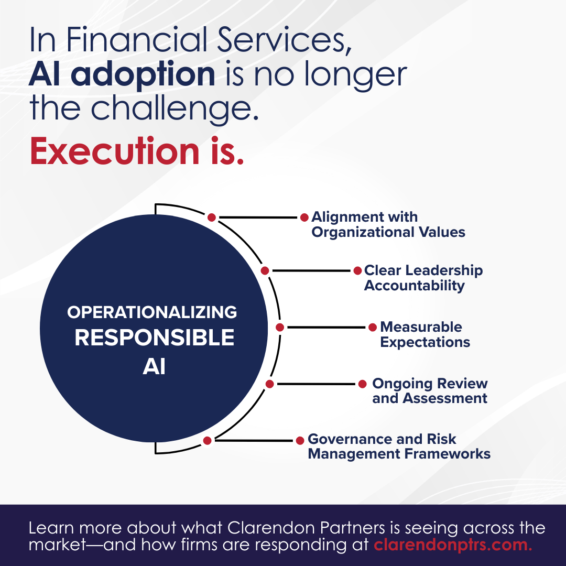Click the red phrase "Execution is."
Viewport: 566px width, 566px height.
[x=137, y=151]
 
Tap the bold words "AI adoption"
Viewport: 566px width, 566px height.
[x=122, y=75]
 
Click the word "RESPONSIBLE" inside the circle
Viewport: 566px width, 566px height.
[x=154, y=338]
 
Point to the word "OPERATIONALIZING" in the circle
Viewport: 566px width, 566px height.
[x=152, y=313]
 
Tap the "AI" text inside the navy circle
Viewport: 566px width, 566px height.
[x=154, y=367]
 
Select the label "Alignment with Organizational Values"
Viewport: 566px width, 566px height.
[x=388, y=224]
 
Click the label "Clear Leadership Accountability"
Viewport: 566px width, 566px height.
[x=423, y=278]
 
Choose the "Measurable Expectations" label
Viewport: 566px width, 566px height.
[x=424, y=334]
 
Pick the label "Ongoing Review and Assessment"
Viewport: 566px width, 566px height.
[x=430, y=390]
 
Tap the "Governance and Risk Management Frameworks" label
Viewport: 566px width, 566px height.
[x=399, y=446]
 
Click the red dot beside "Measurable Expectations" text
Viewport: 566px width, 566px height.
[x=373, y=328]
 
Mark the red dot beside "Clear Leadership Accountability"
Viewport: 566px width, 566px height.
[x=357, y=271]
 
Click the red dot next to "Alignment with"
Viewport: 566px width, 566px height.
[x=304, y=217]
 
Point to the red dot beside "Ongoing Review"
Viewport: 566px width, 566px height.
[x=362, y=384]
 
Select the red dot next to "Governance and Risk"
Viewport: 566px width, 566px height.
[x=300, y=441]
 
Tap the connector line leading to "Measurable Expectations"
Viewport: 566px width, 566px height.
[x=325, y=328]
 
